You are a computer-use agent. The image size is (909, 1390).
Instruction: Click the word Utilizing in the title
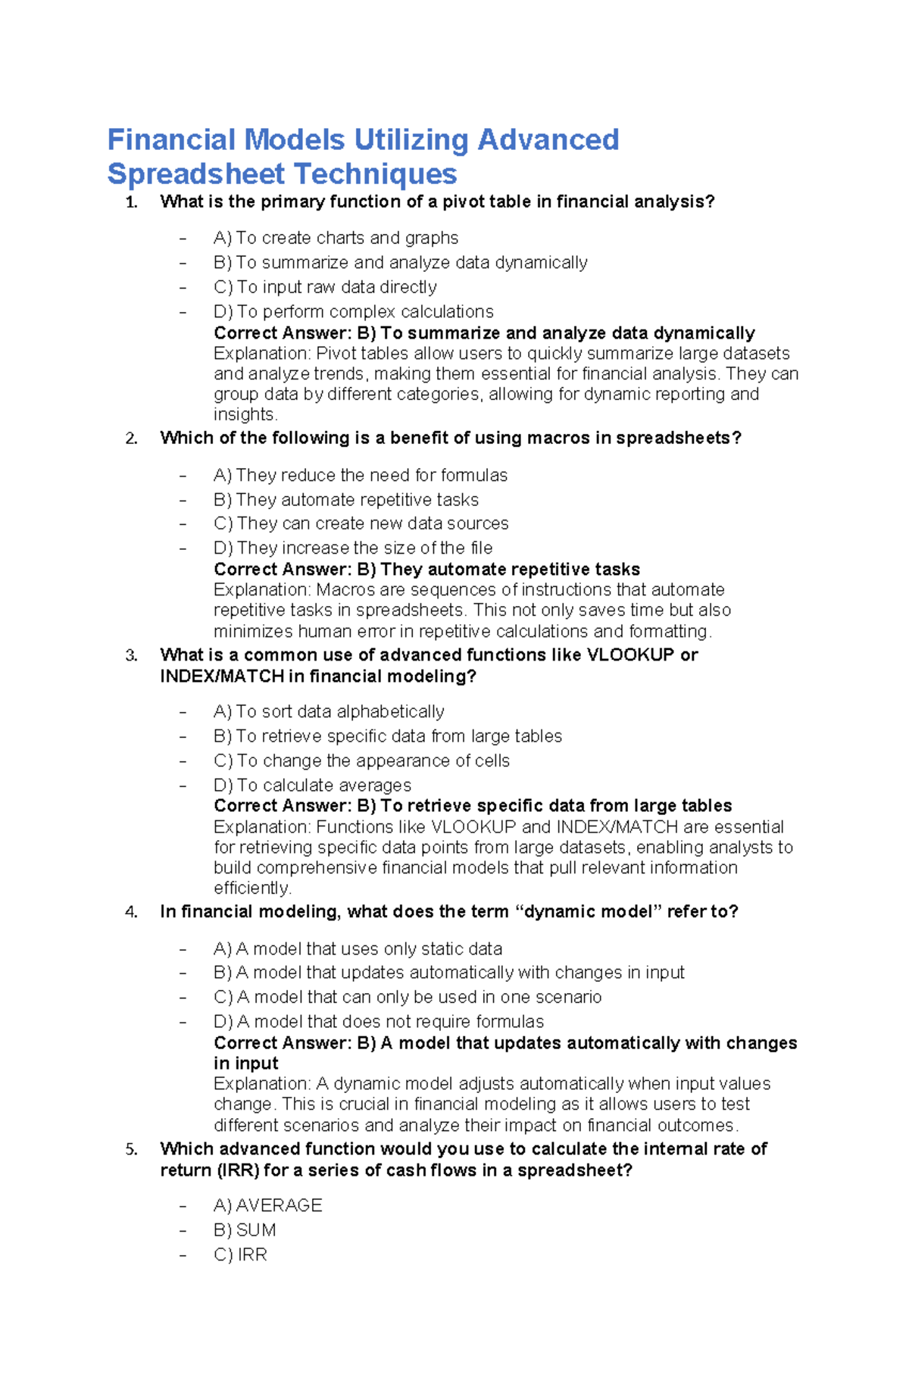411,140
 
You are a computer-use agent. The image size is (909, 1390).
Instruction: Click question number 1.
132,202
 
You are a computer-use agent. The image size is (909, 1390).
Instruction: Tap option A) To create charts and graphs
336,238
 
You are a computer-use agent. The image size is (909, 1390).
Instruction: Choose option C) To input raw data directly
325,287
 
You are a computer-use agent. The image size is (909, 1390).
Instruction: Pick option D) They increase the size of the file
353,548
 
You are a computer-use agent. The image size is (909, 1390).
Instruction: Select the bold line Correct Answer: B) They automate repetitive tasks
426,569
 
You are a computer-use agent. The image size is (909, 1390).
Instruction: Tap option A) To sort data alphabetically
329,711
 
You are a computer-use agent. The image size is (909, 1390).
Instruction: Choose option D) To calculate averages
312,785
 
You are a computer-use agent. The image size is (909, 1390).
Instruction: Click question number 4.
132,912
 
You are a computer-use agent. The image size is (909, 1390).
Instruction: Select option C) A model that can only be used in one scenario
408,997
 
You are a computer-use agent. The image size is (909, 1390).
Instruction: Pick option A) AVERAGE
267,1205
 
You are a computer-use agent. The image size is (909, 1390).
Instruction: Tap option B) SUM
245,1230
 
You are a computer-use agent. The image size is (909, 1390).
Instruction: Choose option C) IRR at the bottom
240,1254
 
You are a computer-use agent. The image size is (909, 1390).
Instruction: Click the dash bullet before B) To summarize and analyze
183,263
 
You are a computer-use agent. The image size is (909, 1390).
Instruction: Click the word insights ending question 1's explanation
244,414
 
